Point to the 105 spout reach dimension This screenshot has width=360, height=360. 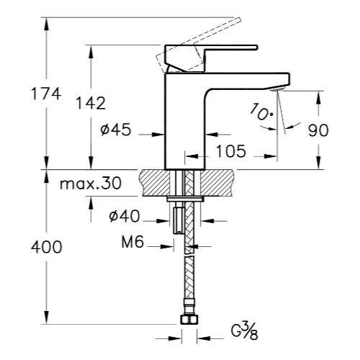click(230, 151)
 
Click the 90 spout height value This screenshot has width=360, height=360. click(318, 130)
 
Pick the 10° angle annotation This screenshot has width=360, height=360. click(261, 112)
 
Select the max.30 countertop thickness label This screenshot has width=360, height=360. click(91, 184)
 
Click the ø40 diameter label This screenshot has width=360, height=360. click(123, 215)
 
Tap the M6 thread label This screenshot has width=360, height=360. click(133, 244)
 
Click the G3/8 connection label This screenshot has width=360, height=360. click(246, 331)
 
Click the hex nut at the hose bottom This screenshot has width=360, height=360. click(189, 320)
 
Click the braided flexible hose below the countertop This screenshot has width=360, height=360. click(189, 274)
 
